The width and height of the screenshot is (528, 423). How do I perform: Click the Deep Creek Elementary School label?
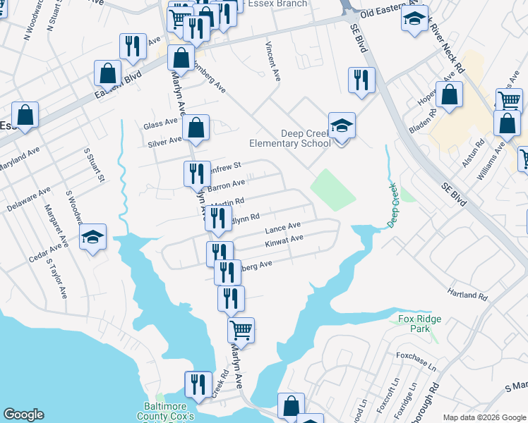(x=306, y=138)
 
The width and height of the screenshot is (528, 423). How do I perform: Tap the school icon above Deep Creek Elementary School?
(x=342, y=126)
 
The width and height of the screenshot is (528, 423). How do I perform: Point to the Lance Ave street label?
(x=282, y=228)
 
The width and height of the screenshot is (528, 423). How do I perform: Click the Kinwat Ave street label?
(x=284, y=240)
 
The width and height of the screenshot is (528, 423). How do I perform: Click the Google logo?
(x=23, y=415)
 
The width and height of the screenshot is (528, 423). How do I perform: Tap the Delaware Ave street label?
(x=28, y=200)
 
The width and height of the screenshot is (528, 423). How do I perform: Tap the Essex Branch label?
(x=282, y=4)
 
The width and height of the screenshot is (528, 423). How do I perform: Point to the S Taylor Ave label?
(x=56, y=278)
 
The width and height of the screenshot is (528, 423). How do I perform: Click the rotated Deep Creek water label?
(x=393, y=205)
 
